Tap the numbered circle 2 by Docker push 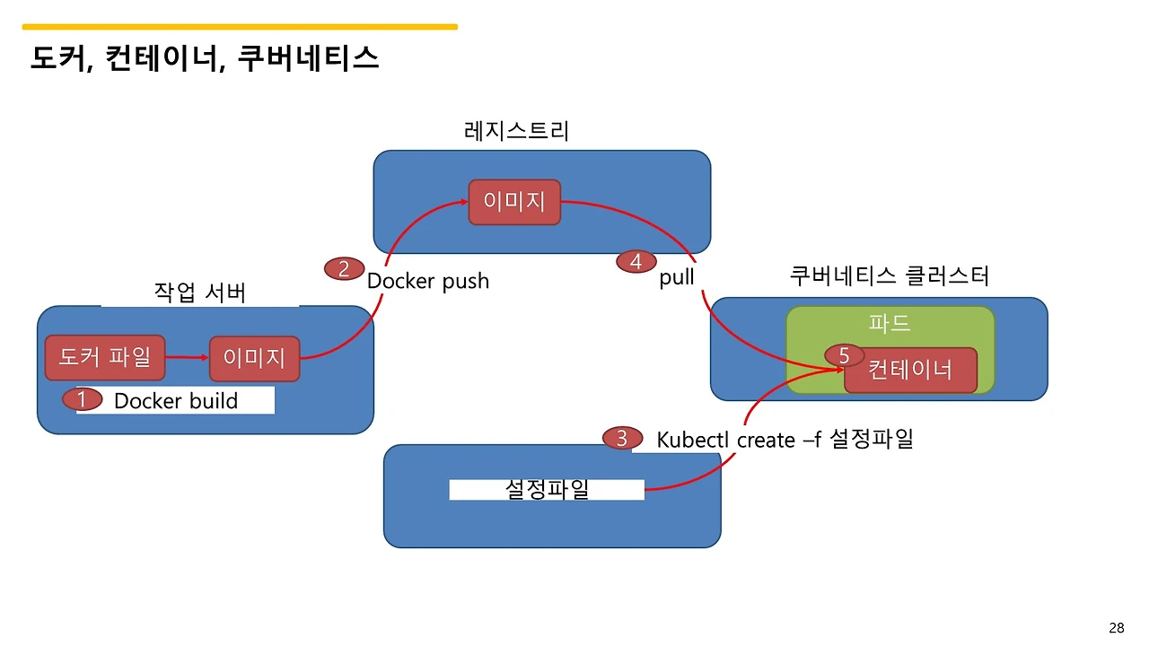pos(344,268)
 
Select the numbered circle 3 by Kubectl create pos(622,439)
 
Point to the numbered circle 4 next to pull pos(636,262)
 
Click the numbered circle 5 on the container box pos(844,356)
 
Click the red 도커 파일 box pos(105,358)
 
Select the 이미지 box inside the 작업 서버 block pos(254,359)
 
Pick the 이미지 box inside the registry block pos(514,202)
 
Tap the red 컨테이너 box pos(910,370)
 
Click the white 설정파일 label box pos(547,490)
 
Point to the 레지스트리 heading pos(517,132)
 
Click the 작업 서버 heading pos(199,293)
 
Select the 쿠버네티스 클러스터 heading pos(889,275)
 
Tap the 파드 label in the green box pos(890,324)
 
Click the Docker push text pos(428,281)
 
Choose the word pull pos(677,277)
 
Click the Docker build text pos(176,401)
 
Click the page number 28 pos(1117,628)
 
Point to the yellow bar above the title pos(240,27)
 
